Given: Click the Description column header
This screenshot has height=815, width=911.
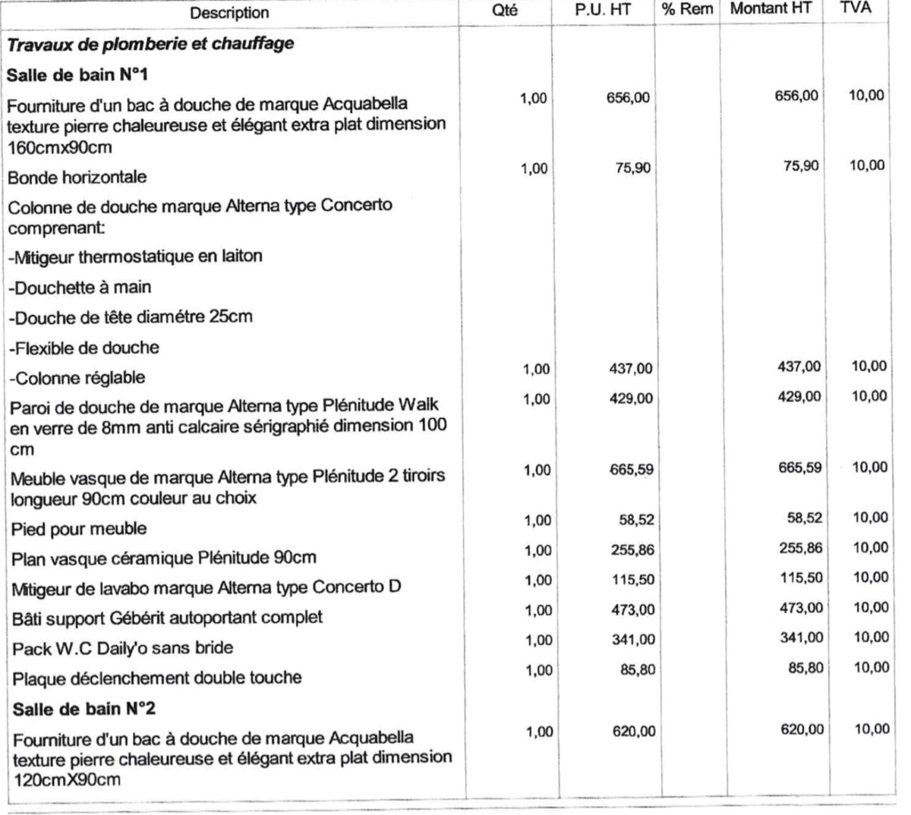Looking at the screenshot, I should pos(229,13).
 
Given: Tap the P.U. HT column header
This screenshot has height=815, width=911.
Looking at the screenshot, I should pos(608,11).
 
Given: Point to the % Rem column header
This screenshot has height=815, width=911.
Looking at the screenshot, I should pos(686,10).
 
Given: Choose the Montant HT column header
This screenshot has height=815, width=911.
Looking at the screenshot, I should pos(771,9).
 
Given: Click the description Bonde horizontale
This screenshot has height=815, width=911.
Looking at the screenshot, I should pos(77,178).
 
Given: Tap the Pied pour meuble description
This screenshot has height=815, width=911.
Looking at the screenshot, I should pos(79,529).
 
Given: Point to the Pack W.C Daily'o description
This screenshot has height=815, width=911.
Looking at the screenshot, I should pos(122,649).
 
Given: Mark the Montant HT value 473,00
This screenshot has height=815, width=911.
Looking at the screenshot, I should pos(802,608).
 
